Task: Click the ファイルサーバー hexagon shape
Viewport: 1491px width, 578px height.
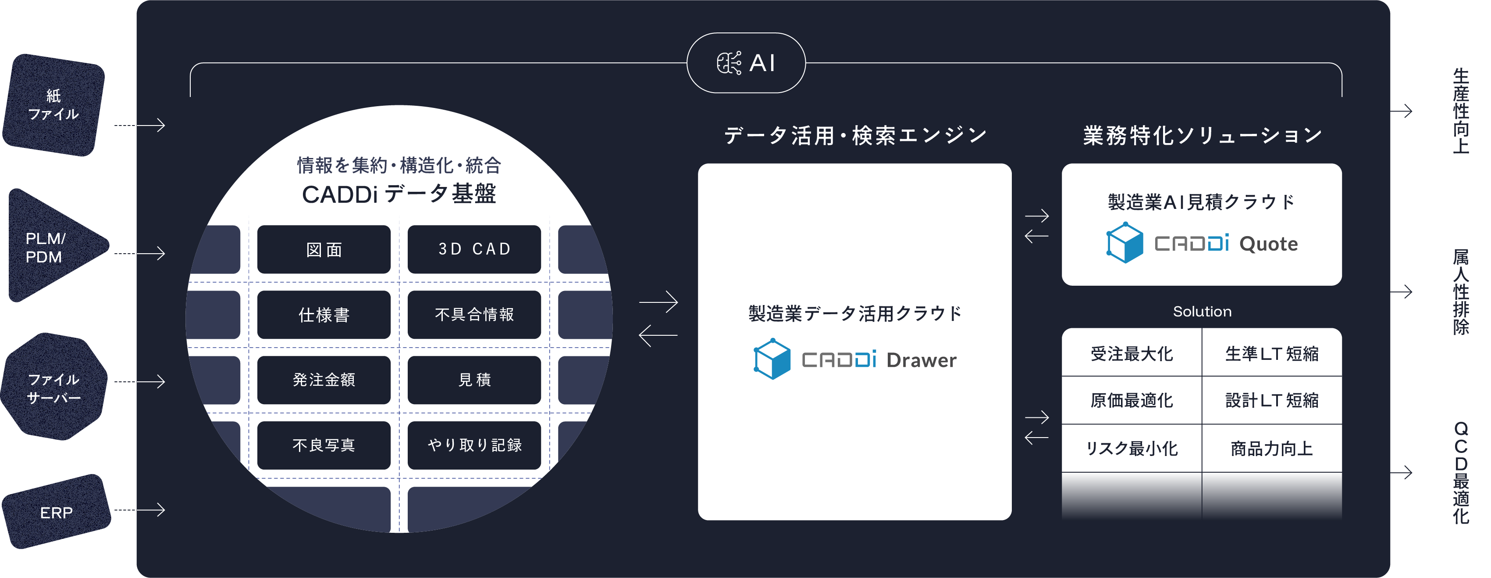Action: click(54, 388)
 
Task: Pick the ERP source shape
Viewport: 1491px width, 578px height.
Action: click(56, 512)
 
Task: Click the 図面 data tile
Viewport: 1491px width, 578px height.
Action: click(324, 250)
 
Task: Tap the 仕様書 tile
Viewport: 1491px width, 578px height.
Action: click(324, 315)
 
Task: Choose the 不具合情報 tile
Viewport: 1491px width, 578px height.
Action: click(474, 315)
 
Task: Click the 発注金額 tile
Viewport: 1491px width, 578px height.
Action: click(324, 380)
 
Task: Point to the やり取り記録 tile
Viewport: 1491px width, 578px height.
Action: click(474, 445)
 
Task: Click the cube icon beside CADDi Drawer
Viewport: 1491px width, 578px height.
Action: click(772, 359)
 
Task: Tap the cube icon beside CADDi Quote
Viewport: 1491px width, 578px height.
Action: click(1124, 243)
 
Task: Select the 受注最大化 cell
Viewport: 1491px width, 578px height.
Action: click(1132, 353)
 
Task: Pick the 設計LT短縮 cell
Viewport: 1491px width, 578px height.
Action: click(1272, 400)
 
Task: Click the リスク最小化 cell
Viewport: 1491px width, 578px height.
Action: click(1132, 448)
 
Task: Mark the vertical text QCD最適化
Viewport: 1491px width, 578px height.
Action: click(1460, 473)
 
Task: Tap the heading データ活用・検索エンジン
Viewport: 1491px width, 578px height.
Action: click(855, 136)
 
